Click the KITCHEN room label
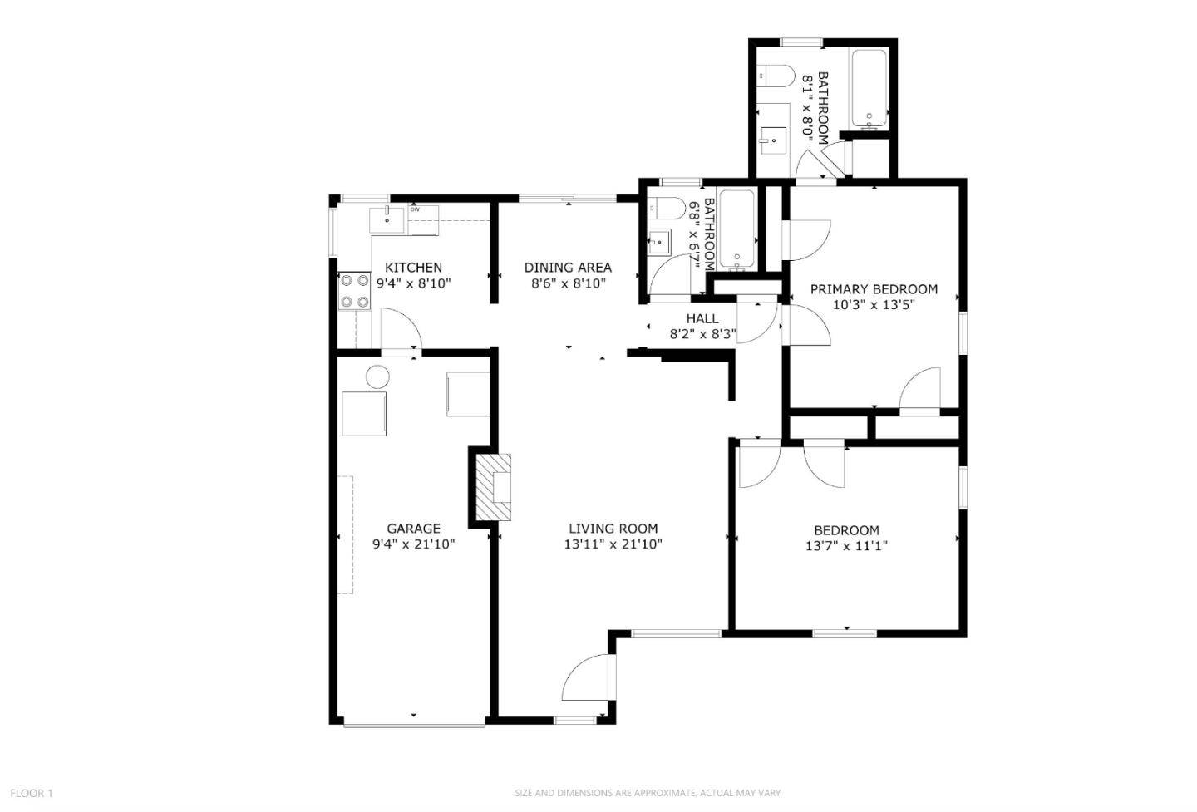413,268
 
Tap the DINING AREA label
568,268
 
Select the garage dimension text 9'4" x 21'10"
413,545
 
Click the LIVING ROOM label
613,529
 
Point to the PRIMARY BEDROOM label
874,289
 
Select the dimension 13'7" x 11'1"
846,547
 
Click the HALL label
702,319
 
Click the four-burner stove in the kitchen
354,292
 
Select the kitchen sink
387,219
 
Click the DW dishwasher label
415,209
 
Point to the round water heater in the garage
377,376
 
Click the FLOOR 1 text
32,793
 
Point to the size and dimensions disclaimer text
648,793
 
